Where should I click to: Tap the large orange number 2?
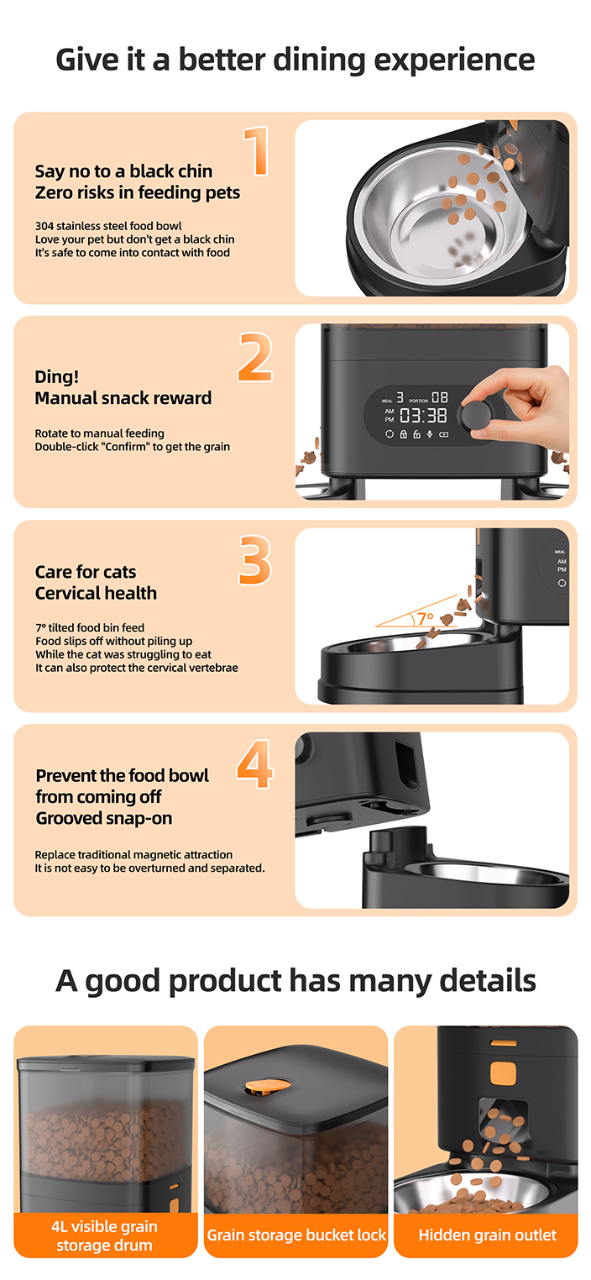255,357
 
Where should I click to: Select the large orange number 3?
255,560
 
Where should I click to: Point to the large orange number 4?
255,764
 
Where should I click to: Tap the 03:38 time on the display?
423,416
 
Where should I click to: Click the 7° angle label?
426,618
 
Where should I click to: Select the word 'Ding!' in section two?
56,376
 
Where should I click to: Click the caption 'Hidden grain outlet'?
487,1235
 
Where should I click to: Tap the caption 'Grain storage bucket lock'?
296,1235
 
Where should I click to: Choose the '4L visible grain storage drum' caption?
104,1235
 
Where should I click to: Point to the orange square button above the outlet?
503,1073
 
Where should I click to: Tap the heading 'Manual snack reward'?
123,398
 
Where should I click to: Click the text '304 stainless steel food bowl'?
108,226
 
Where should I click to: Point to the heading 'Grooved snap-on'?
104,818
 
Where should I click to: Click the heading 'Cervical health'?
96,593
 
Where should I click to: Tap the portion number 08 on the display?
440,397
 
